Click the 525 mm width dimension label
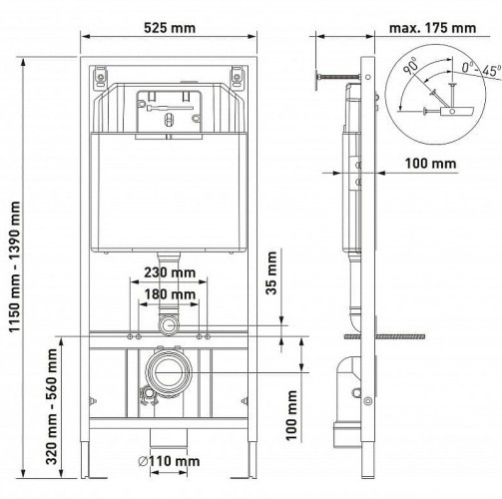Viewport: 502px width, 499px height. [170, 28]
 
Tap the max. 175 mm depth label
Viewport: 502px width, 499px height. [432, 28]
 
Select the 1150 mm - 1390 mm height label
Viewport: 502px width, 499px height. [15, 266]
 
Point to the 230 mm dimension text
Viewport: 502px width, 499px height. [170, 272]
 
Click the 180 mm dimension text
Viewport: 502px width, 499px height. [170, 294]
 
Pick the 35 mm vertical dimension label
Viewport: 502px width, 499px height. [271, 272]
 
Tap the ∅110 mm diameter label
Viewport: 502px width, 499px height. [169, 461]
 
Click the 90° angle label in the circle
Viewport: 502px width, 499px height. [410, 66]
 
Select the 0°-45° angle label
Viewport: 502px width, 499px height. [481, 70]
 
